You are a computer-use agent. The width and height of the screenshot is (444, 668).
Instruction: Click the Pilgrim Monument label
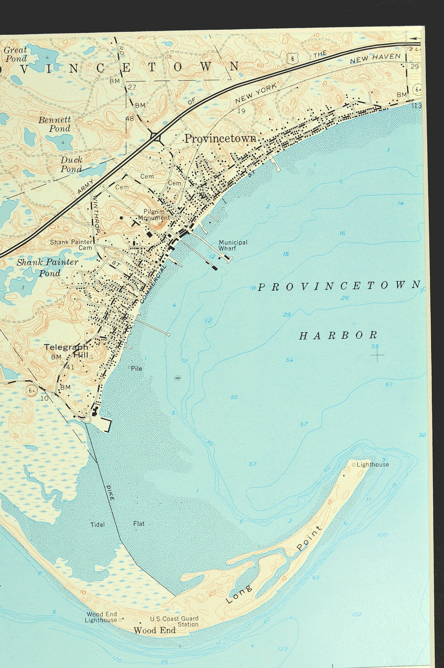coord(154,215)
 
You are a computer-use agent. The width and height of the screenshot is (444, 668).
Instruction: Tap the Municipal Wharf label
coord(233,245)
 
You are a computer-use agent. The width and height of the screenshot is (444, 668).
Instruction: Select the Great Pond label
coord(16,54)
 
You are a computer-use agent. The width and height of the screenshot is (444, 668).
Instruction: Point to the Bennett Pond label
coord(55,124)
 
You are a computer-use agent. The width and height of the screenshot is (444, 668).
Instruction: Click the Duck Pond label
coord(71,164)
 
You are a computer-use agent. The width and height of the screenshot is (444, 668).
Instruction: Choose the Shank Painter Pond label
coord(47,267)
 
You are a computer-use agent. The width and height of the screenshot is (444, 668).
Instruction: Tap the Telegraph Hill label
coord(66,351)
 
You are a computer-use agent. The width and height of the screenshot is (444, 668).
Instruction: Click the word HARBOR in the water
coord(338,336)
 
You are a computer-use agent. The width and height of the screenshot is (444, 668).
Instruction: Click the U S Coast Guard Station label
coord(174,621)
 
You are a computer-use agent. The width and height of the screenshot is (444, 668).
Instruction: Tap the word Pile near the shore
coord(136,369)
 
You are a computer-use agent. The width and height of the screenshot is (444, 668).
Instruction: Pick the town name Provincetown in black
coord(220,138)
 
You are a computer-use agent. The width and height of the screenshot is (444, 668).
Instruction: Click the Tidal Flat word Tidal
coord(97,525)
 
